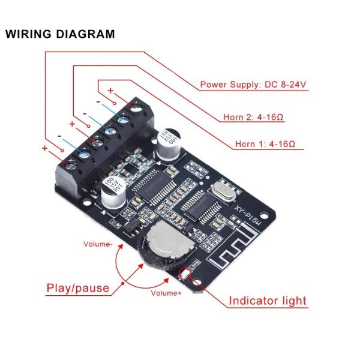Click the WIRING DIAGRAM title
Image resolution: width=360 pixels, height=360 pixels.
tap(60, 34)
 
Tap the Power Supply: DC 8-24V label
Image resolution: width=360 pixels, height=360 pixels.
tap(253, 85)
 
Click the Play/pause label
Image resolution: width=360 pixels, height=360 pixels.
tap(78, 288)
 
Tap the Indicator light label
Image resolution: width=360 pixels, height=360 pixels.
tap(268, 301)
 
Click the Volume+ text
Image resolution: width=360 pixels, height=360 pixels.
tap(166, 293)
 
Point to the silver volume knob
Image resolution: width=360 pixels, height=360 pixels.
tap(163, 246)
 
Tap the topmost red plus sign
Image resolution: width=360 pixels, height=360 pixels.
tap(110, 91)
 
